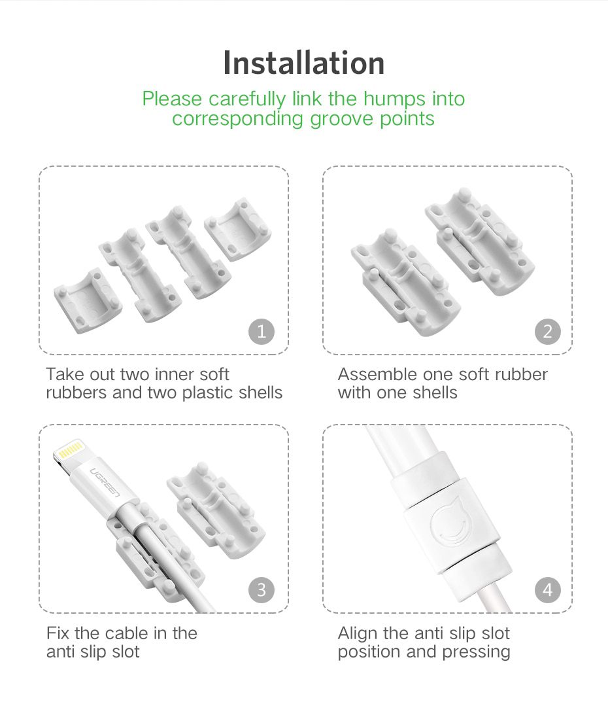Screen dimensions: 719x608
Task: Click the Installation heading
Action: [303, 63]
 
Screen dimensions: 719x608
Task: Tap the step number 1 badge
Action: [262, 332]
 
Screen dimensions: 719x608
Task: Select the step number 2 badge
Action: [547, 332]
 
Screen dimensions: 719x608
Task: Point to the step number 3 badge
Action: [262, 590]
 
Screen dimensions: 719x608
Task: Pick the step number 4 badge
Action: [547, 590]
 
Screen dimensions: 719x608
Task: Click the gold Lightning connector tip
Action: [70, 451]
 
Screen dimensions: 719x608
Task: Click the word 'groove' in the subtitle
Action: [343, 119]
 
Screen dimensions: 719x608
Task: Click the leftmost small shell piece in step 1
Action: [87, 297]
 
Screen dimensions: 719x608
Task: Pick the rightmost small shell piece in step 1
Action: [238, 229]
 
